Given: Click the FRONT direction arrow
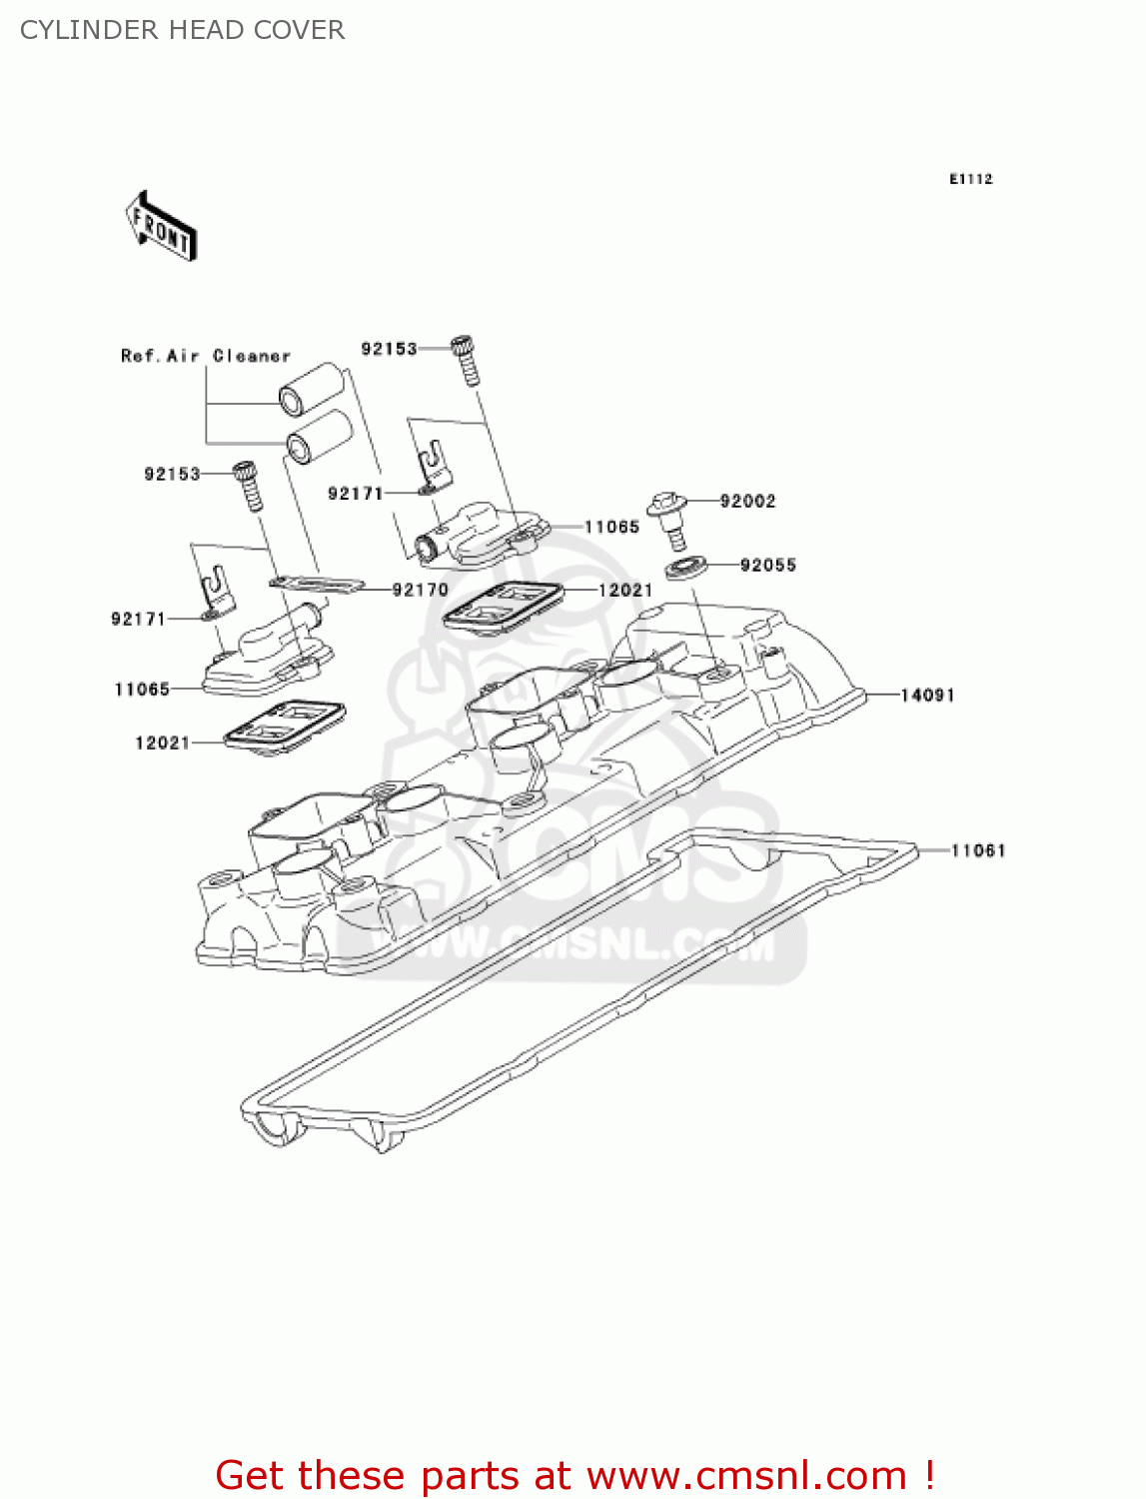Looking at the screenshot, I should pos(161,226).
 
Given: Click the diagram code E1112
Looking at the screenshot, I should pos(970,179).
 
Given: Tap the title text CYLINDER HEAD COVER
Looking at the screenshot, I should pos(182,30).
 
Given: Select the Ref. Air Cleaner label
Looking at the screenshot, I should pos(205,356).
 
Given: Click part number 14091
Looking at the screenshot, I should pos(927,695).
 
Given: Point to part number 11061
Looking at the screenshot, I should pos(977,850).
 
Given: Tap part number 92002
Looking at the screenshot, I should pos(747,501).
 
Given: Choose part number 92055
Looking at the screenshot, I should pos(767,565).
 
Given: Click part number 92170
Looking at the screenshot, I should pos(420,590).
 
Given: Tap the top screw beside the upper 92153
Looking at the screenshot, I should pos(465,360).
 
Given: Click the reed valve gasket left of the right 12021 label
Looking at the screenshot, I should pos(503,606).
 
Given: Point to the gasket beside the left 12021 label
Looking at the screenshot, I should pos(285,726).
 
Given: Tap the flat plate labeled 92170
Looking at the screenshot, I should pos(316,583).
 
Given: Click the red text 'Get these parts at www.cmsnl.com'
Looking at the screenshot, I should pos(574,1475).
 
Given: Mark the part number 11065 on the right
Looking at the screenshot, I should pos(611,527).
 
